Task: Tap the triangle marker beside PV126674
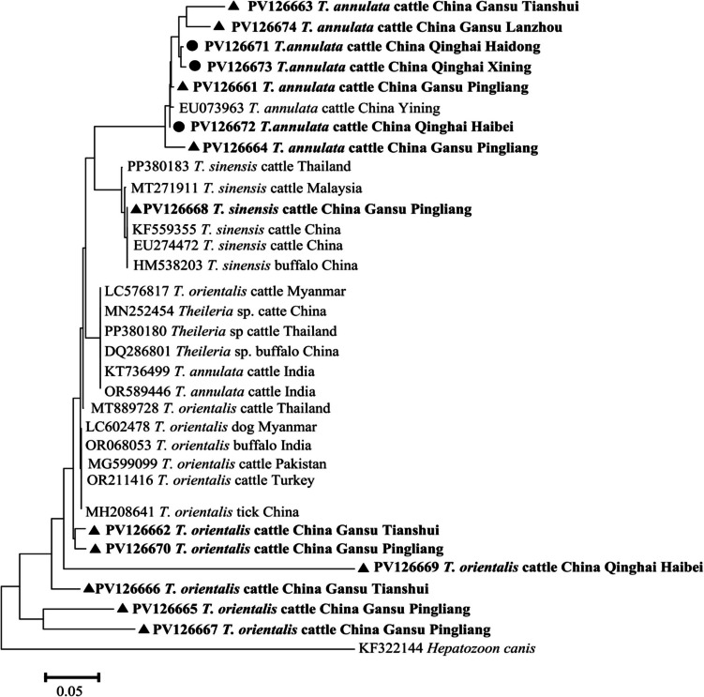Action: point(218,26)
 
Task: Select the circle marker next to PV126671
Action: point(191,46)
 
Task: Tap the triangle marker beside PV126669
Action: point(363,568)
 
